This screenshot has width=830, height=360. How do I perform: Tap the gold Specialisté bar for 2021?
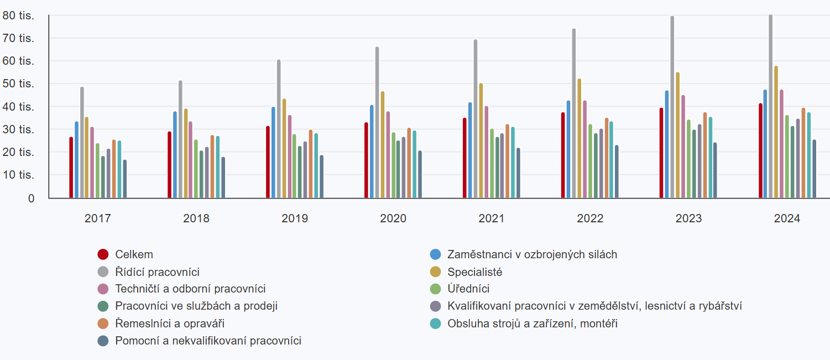coord(481,140)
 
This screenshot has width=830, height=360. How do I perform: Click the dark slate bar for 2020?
coord(420,174)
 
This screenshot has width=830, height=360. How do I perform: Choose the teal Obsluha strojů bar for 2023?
coord(711,158)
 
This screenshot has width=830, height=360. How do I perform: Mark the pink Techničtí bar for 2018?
coord(190,160)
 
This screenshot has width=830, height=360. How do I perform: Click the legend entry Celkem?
coord(134,255)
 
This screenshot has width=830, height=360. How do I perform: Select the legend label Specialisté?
coord(474,272)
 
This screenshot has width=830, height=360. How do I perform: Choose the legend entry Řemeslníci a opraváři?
coord(170,324)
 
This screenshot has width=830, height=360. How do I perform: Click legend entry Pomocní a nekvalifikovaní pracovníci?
coord(208,341)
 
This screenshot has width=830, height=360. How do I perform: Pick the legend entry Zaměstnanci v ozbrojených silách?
coord(532,255)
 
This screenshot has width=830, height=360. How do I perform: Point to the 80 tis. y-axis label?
coord(18,15)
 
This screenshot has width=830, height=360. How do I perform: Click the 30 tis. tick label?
coord(18,129)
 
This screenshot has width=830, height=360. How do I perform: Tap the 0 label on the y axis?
coord(31,198)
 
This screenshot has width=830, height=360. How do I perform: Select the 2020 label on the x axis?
coord(393,218)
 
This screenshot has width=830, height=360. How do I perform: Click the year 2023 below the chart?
coord(688,218)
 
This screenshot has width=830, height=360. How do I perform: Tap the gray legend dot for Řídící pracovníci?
coord(103,272)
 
